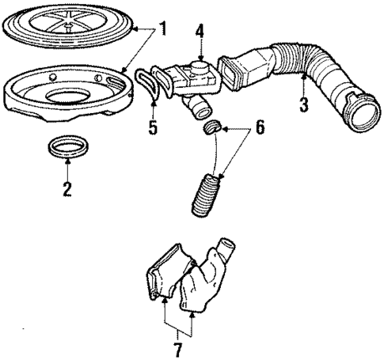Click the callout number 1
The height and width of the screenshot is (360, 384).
[x=162, y=31]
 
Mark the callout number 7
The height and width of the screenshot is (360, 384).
[x=177, y=347]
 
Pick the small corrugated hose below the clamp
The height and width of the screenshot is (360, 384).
[x=204, y=193]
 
